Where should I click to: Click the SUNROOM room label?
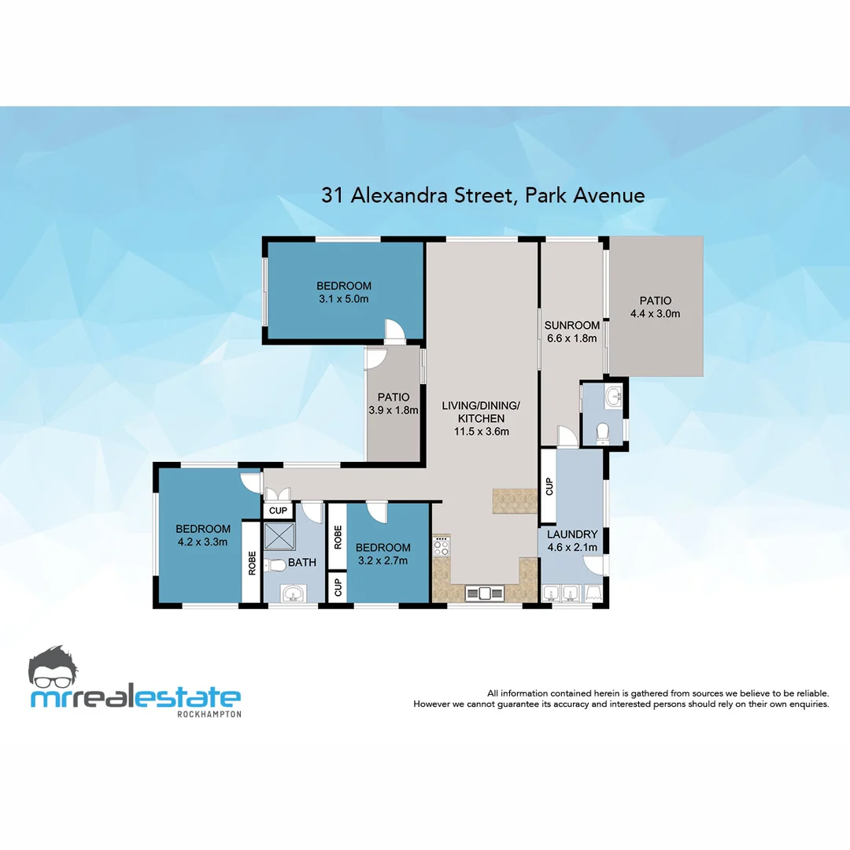(572, 325)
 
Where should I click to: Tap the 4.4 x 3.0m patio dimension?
(655, 313)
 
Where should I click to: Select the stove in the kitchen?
(442, 545)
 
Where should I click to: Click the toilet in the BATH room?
(275, 565)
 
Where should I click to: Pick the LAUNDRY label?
(572, 534)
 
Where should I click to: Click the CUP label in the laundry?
(549, 487)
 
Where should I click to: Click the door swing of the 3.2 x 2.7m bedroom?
(376, 512)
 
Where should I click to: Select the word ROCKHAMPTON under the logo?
(209, 713)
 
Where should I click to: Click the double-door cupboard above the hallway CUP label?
(277, 494)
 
